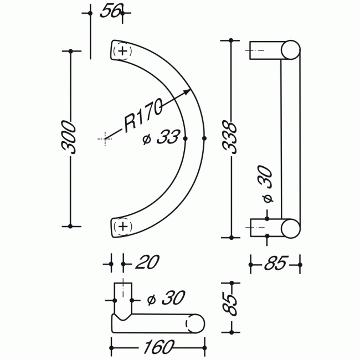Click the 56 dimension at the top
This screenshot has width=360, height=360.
(x=111, y=11)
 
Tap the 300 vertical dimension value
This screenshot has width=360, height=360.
(x=69, y=137)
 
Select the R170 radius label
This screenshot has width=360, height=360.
(x=143, y=115)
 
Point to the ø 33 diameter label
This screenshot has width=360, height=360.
(x=161, y=137)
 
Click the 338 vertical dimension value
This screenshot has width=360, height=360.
(x=230, y=137)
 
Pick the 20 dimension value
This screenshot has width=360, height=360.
(x=147, y=262)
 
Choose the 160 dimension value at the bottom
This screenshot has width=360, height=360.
(x=159, y=347)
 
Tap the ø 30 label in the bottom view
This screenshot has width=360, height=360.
(x=166, y=298)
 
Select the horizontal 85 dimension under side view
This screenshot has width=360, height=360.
(x=275, y=263)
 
